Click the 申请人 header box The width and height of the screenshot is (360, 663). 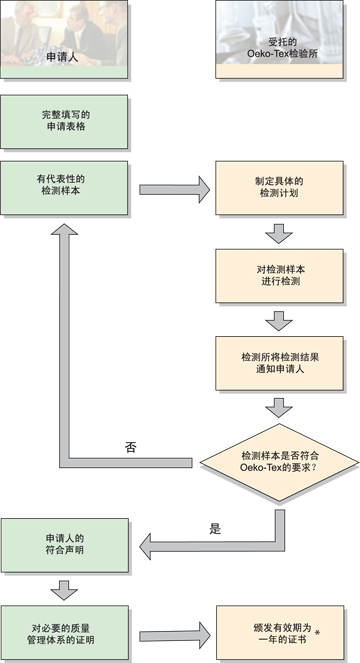click(64, 39)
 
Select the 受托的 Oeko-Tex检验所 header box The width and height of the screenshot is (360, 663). click(279, 39)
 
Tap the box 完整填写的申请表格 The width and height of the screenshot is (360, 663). click(64, 122)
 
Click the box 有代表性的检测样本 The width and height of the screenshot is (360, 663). click(64, 188)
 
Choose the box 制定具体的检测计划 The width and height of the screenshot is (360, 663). click(279, 188)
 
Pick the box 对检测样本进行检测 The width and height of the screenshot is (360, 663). click(279, 276)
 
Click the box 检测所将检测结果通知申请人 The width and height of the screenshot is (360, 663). click(279, 363)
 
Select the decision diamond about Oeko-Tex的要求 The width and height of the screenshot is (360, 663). click(279, 463)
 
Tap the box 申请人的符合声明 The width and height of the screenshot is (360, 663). click(64, 545)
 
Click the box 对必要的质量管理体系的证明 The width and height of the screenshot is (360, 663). click(64, 633)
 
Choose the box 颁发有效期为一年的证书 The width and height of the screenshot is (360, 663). click(280, 633)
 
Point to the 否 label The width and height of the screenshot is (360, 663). click(131, 447)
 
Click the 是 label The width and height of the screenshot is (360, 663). click(215, 529)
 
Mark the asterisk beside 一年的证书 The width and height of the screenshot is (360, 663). click(317, 633)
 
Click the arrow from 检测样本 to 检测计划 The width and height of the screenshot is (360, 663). click(174, 190)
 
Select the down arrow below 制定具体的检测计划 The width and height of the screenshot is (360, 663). click(279, 233)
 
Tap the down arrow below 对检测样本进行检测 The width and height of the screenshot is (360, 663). click(279, 321)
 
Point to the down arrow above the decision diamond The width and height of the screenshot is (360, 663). click(279, 408)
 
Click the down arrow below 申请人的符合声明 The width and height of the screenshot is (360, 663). click(64, 591)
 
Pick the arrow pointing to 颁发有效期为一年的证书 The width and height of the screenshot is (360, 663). click(174, 636)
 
